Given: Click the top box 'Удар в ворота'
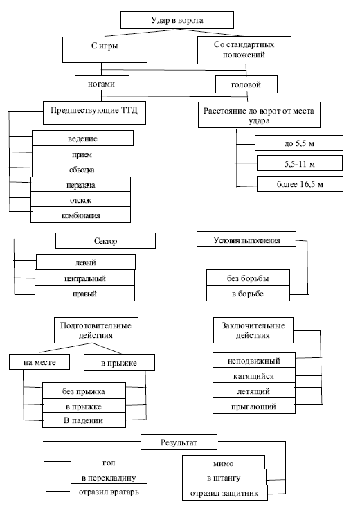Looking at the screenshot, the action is coord(177,20).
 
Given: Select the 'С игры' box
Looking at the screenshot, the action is coord(105,50).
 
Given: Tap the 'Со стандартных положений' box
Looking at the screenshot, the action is coord(244,50).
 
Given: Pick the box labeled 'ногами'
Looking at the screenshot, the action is coord(102,83).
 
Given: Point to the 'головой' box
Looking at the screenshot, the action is coord(246,84).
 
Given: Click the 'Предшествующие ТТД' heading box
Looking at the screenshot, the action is coord(94,113).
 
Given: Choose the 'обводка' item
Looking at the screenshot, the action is coord(82,170).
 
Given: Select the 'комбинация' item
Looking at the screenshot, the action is coord(80,215).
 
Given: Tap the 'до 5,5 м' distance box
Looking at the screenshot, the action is coord(299,143).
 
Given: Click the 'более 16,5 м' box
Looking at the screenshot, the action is coord(300,184).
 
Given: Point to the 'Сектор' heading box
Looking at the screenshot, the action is coord(105,240).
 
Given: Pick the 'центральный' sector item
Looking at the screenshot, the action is coord(84,278).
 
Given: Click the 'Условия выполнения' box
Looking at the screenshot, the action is coord(246,240).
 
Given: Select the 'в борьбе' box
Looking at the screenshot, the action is coord(248,294).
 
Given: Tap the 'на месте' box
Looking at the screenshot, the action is coord(39,361).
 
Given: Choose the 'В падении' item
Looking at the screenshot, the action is coord(84,420).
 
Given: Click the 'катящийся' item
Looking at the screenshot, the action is coord(254,375).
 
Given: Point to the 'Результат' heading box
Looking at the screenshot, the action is coord(179,442).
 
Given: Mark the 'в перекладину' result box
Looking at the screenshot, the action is coord(109,478).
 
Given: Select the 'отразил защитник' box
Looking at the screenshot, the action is coord(225,492).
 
